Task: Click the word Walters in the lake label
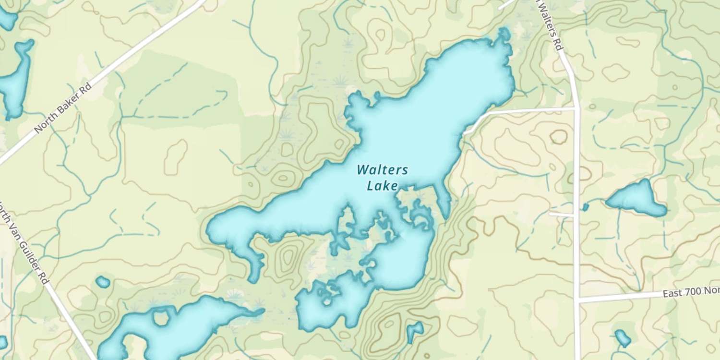coord(383,170)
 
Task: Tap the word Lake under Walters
coord(382,185)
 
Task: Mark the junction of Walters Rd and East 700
coord(578,300)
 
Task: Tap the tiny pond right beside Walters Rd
coord(586,207)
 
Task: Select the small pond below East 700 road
coord(622,338)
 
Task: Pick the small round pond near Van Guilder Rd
coord(103,282)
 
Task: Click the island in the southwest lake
coord(160,317)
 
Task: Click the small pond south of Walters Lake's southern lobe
coord(414,331)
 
